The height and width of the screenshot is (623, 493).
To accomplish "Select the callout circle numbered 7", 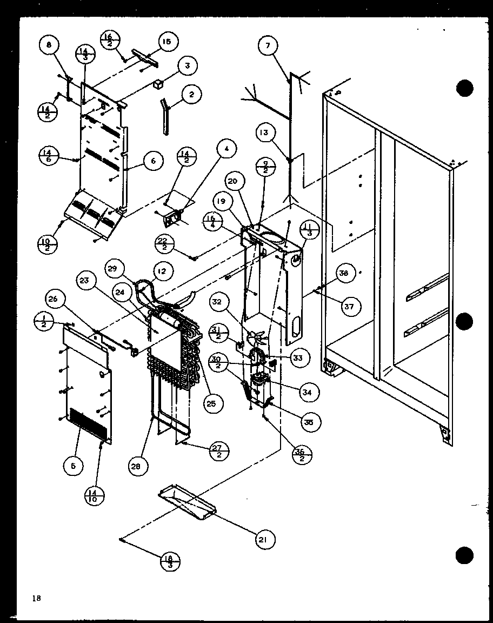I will pos(267,46).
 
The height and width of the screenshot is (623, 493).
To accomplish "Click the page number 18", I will pos(36,598).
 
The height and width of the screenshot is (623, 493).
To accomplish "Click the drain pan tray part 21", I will pos(187,502).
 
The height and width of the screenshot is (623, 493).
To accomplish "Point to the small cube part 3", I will pos(158,84).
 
